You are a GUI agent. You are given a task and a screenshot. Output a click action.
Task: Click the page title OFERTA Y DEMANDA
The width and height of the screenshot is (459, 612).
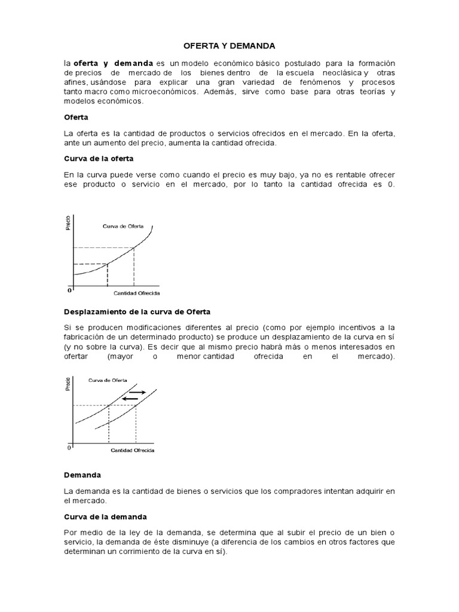229,45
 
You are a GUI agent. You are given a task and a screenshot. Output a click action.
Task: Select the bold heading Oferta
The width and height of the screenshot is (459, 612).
75,118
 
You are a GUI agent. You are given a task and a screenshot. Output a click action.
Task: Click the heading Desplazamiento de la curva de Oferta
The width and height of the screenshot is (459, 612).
137,312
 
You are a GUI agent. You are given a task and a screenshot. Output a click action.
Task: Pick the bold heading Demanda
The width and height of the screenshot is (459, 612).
82,475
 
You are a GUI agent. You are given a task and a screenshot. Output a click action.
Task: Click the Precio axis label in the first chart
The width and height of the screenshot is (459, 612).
68,224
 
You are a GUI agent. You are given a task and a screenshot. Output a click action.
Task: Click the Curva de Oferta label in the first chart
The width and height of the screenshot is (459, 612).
123,226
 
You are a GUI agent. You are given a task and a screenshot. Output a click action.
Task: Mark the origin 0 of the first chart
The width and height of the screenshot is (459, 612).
69,290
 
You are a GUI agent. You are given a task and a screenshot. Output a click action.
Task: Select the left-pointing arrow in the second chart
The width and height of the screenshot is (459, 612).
130,399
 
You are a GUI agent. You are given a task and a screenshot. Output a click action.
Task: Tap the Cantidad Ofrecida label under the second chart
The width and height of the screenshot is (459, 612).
133,450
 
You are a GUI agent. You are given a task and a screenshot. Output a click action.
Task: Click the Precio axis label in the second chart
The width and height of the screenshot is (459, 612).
68,383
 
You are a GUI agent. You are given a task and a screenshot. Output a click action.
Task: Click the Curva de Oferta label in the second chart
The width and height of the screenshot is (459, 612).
107,380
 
